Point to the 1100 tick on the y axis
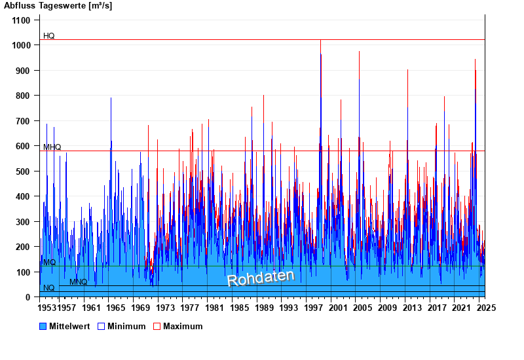21,20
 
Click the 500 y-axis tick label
24,171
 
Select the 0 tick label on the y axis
28,297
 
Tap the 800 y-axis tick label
24,96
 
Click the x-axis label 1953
47,308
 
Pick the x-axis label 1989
264,308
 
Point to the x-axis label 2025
485,308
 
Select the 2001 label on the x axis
337,308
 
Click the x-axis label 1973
166,308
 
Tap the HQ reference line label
49,36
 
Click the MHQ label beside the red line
52,147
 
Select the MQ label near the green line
49,262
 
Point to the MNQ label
79,282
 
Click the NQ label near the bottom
49,288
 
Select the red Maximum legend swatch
157,326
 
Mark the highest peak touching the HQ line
320,41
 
